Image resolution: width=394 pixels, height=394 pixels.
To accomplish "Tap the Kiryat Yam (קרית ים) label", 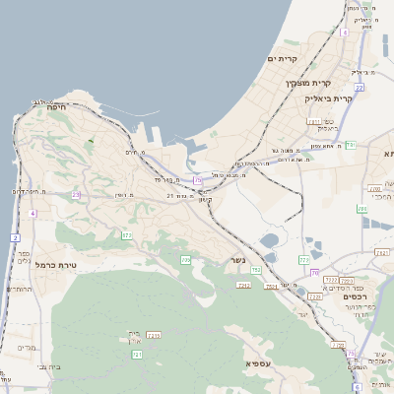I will tap(283, 60).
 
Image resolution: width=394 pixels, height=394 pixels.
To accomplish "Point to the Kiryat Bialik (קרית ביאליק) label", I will tap(329, 98).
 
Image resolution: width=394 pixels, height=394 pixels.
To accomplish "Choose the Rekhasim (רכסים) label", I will tap(356, 295).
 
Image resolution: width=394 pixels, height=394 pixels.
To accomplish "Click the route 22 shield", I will tap(360, 88).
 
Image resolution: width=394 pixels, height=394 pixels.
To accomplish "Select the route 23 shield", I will tap(76, 194).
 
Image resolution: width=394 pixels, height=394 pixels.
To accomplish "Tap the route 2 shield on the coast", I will tap(15, 237).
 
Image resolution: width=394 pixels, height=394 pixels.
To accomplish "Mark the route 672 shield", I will tap(127, 234).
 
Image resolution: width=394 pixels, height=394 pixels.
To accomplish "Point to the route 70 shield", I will tap(315, 274).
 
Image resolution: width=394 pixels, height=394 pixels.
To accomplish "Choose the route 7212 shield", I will tap(331, 281).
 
